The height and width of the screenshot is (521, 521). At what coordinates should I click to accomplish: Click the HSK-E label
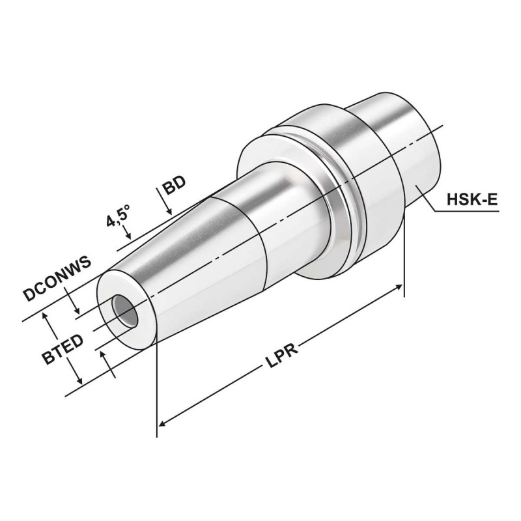click(472, 199)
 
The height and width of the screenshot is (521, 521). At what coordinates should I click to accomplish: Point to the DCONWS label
click(57, 276)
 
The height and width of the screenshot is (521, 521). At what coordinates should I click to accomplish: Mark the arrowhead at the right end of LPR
click(399, 287)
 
